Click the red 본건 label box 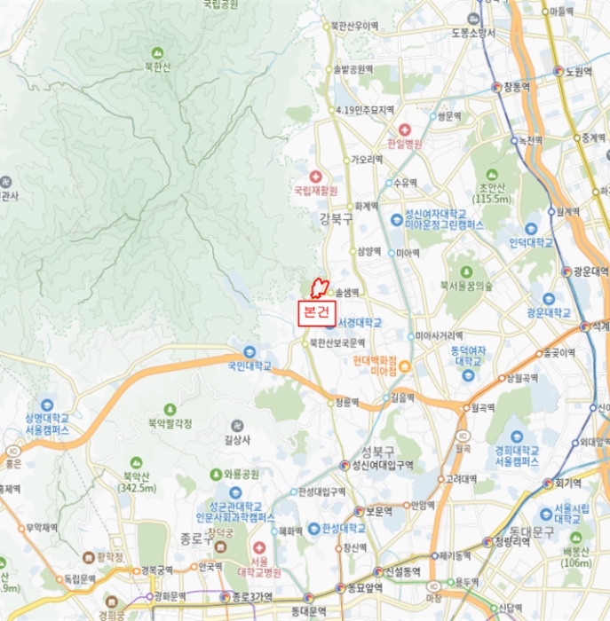click(316, 311)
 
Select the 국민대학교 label click(248, 365)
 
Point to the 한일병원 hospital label click(405, 143)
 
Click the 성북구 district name click(378, 452)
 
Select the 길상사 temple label click(238, 438)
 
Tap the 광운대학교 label click(547, 313)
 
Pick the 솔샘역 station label click(346, 292)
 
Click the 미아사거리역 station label click(440, 336)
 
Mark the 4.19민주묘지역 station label click(364, 110)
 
